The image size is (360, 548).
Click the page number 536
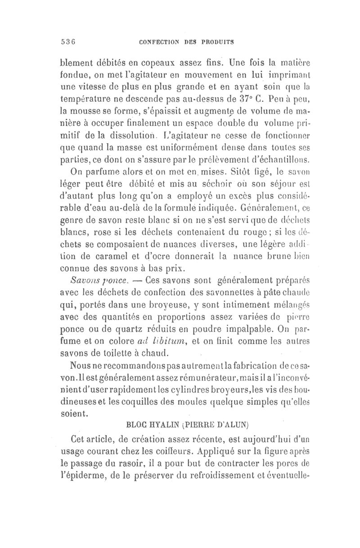(67, 42)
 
